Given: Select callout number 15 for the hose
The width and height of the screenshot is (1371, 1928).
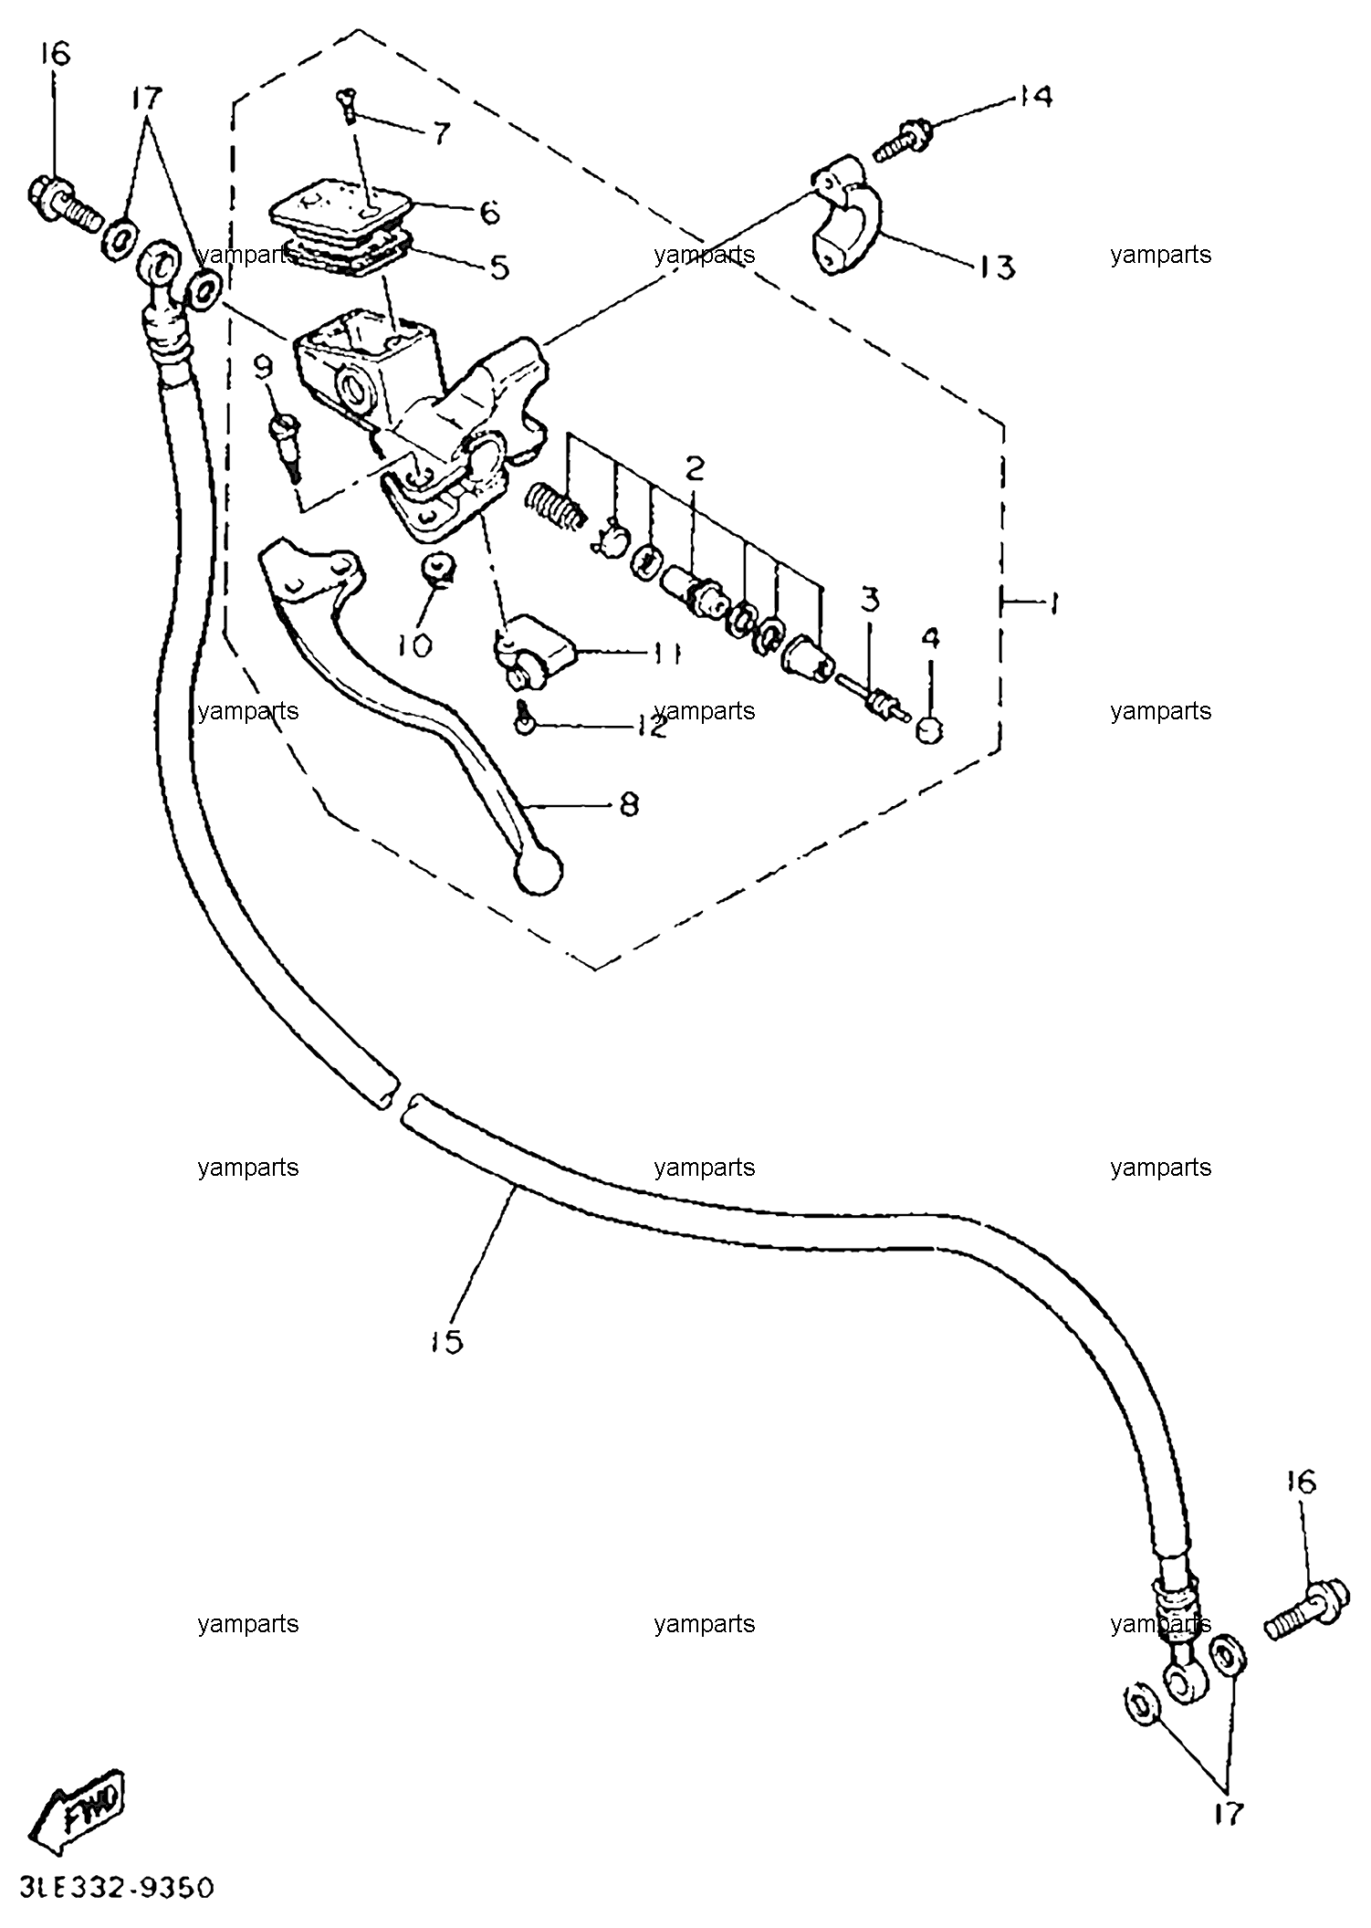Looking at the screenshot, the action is (x=447, y=1341).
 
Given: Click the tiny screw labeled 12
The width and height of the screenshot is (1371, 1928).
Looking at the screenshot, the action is (x=524, y=716).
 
